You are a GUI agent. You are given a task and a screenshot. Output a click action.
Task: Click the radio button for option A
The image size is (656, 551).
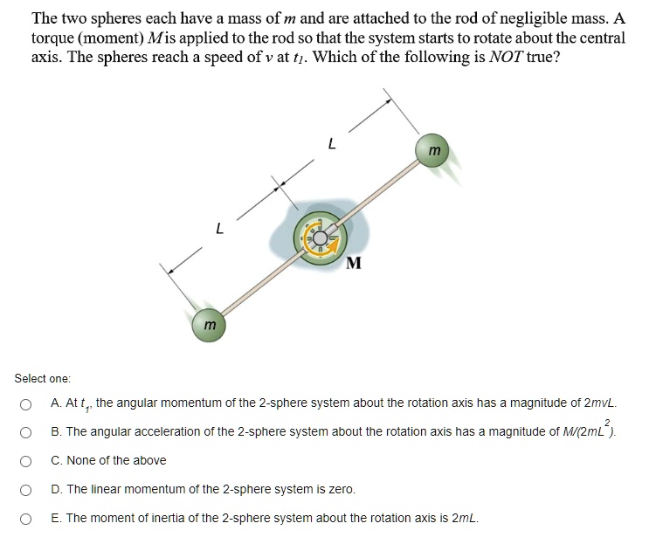28,404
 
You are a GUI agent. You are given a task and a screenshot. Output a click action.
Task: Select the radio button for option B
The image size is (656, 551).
28,432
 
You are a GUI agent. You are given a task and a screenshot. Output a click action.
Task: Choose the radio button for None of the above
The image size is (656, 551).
28,461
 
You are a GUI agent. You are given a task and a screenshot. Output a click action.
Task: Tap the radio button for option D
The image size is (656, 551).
28,490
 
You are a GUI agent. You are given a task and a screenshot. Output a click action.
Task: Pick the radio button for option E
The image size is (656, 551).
28,519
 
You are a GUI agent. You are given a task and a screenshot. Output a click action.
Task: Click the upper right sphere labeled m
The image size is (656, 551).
434,151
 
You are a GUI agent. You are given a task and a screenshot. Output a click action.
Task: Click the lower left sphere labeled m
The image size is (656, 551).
209,324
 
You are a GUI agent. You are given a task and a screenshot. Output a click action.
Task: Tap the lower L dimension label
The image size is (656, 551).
219,230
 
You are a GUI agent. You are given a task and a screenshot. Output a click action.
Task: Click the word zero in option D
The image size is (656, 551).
342,490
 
